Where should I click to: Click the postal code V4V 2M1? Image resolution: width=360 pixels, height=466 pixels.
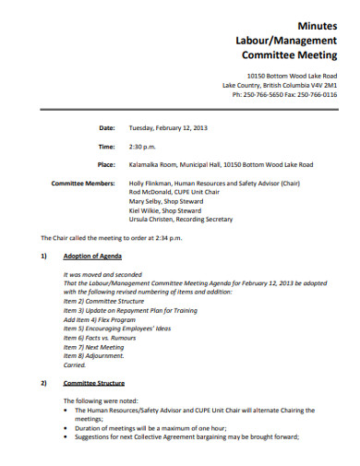click(321, 85)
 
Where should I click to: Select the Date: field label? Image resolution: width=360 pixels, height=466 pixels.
click(107, 127)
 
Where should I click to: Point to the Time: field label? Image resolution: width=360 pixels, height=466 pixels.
click(106, 146)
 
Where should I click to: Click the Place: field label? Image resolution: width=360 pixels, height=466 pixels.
click(106, 164)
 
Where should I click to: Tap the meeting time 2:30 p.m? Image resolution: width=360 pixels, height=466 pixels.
click(143, 146)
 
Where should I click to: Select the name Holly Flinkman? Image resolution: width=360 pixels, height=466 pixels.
click(150, 184)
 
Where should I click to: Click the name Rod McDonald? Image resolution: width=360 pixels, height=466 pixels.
click(149, 193)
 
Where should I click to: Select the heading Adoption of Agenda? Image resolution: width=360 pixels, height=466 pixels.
click(91, 255)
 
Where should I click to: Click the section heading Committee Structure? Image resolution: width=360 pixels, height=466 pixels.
click(93, 382)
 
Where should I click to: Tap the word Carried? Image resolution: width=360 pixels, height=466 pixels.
click(74, 364)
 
